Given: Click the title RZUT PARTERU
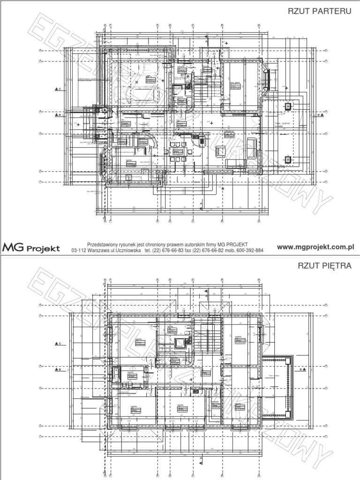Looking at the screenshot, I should coord(320,11).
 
